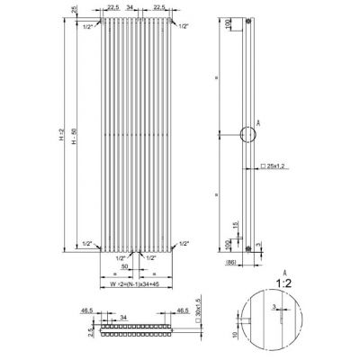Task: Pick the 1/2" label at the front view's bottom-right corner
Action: click(x=184, y=244)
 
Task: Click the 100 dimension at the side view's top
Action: click(x=227, y=26)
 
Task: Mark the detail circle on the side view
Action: click(x=247, y=136)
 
